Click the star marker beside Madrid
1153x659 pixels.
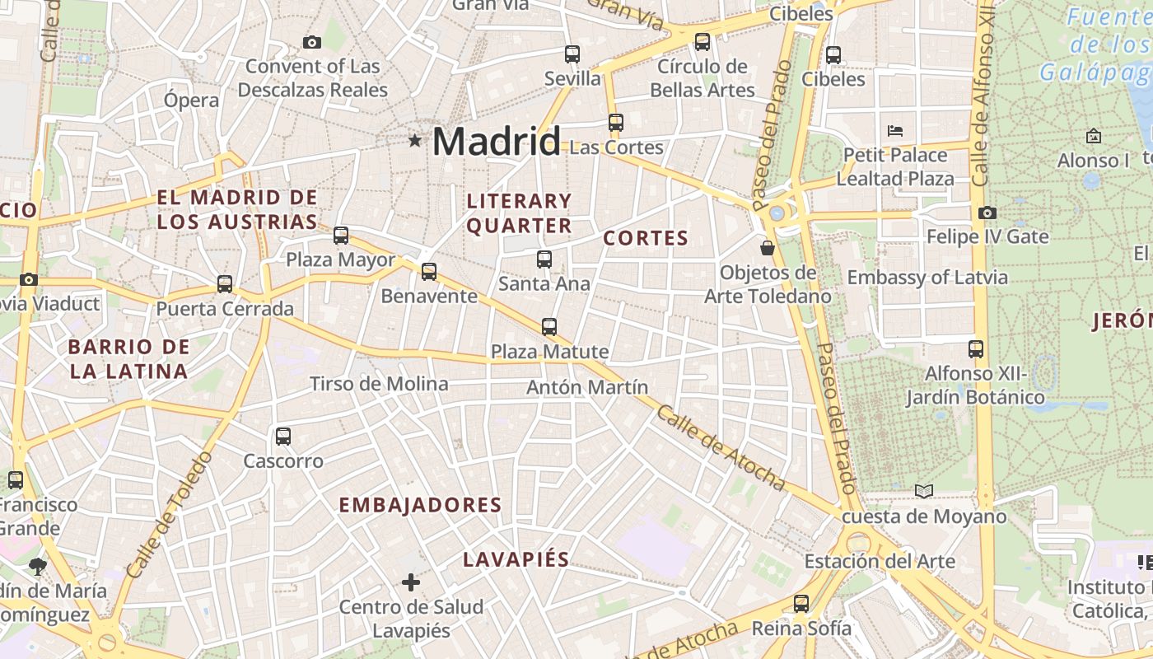tap(415, 141)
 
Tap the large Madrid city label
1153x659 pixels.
tap(496, 142)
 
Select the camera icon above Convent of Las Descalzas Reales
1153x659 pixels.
tap(312, 42)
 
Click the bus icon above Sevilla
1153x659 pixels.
tap(572, 54)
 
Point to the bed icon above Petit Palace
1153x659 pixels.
tap(895, 130)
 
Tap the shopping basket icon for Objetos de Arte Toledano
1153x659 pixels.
tap(768, 247)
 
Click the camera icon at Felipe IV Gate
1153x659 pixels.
tap(987, 213)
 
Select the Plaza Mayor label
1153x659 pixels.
tap(340, 260)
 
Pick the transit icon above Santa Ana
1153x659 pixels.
tap(544, 259)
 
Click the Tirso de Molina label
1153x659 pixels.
tap(379, 384)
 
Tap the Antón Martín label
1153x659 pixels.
tap(587, 387)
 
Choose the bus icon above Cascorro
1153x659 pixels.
tap(283, 436)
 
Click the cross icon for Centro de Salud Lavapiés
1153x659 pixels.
tap(411, 583)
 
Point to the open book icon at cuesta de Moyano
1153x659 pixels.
tap(924, 491)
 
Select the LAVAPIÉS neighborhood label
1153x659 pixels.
tap(516, 559)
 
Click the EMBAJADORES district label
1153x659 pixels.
tap(420, 505)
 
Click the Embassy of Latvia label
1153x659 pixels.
tap(927, 278)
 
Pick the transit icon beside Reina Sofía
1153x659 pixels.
tap(801, 604)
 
